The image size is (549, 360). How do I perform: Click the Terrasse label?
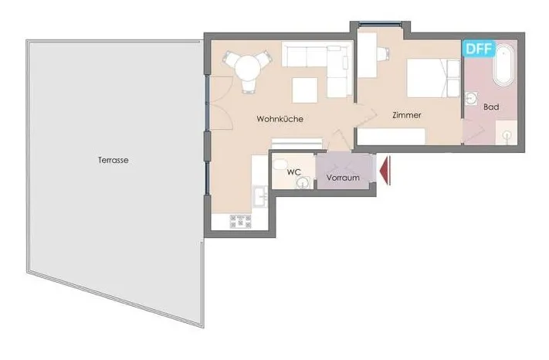[113, 160]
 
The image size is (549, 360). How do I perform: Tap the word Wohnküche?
[280, 119]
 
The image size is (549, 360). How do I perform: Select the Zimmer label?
[406, 115]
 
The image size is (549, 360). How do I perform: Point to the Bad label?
[491, 107]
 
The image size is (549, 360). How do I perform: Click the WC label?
[293, 172]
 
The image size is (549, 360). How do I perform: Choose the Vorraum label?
[343, 178]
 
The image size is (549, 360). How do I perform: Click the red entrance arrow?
[385, 171]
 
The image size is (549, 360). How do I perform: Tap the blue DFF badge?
[479, 49]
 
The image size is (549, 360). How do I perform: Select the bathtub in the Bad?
[504, 65]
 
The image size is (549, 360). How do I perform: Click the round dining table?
[248, 67]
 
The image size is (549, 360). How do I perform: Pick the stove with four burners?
[240, 221]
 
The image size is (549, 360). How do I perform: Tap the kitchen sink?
[260, 196]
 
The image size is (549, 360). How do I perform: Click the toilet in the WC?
[280, 165]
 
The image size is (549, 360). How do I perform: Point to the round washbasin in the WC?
[302, 182]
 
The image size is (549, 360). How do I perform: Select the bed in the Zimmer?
[433, 78]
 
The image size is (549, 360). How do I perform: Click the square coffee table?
[305, 90]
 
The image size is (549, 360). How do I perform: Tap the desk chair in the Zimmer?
[383, 53]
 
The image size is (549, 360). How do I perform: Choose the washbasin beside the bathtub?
[473, 98]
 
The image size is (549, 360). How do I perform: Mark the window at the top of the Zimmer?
[380, 24]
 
